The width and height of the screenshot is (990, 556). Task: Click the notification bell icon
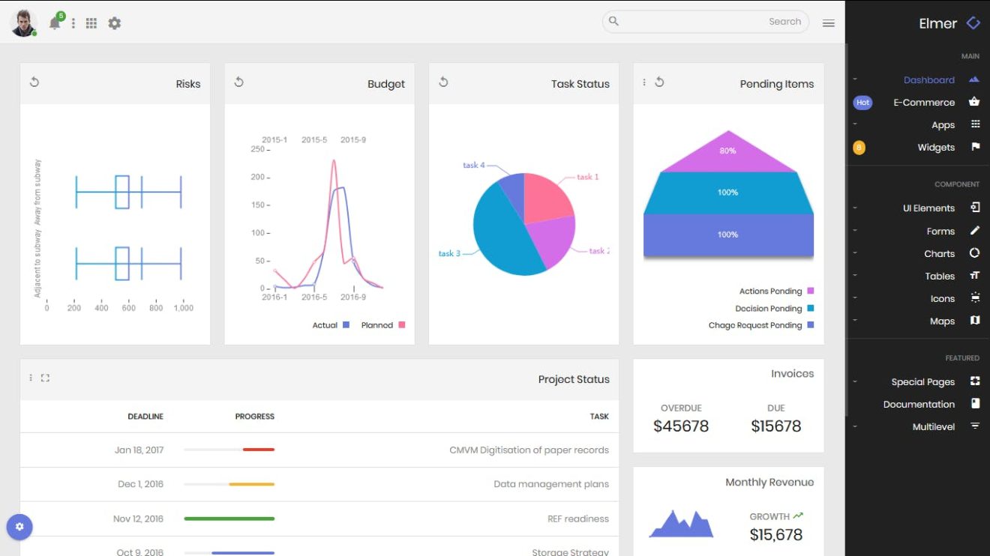click(54, 23)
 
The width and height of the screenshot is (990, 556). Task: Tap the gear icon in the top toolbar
click(114, 23)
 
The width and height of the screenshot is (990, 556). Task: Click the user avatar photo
click(23, 22)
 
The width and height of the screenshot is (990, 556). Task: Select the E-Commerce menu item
click(923, 103)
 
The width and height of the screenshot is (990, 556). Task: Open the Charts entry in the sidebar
click(939, 254)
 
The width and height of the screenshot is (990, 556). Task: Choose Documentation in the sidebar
click(918, 405)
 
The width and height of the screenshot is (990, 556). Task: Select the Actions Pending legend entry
click(770, 291)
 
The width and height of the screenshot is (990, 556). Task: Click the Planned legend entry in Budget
click(377, 325)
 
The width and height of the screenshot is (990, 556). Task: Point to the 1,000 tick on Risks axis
click(183, 308)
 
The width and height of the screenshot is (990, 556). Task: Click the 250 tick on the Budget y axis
click(258, 149)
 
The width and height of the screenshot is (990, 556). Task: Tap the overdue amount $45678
click(680, 426)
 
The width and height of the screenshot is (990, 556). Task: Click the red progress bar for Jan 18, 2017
click(259, 450)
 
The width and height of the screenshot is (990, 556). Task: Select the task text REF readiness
click(577, 519)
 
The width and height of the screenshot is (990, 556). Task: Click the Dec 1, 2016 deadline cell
click(140, 484)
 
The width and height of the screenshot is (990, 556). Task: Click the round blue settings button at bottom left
click(19, 527)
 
